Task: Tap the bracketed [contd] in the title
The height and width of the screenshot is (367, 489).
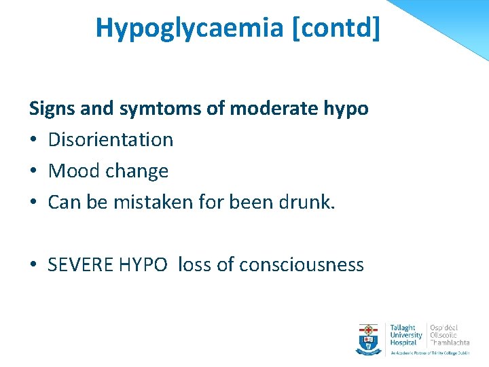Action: pyautogui.click(x=339, y=28)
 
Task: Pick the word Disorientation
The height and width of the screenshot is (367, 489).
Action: pyautogui.click(x=111, y=139)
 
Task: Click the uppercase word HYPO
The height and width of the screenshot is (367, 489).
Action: pyautogui.click(x=142, y=264)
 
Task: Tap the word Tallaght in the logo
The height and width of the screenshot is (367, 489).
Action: pyautogui.click(x=403, y=328)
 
